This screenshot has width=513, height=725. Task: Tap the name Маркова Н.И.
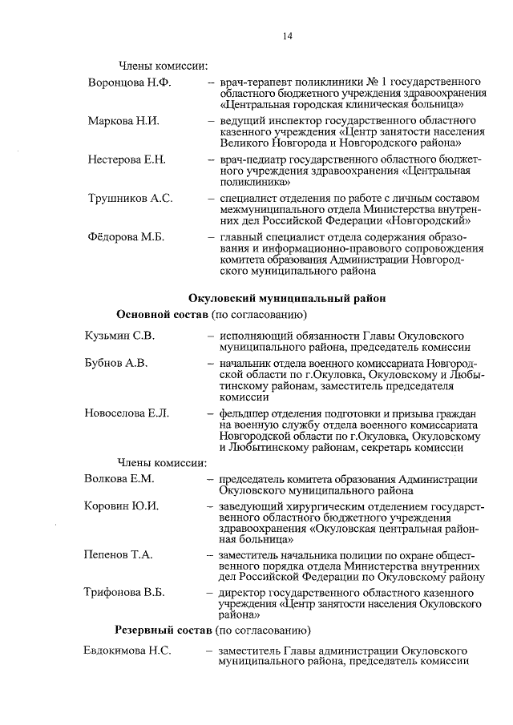pyautogui.click(x=123, y=121)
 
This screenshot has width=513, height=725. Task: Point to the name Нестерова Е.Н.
pyautogui.click(x=127, y=159)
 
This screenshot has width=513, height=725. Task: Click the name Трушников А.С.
pyautogui.click(x=130, y=198)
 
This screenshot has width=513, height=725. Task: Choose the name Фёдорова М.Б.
pyautogui.click(x=126, y=236)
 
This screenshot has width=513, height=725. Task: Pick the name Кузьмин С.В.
pyautogui.click(x=119, y=336)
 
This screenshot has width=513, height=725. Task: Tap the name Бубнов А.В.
pyautogui.click(x=115, y=363)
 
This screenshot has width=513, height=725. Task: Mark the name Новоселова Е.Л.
pyautogui.click(x=126, y=413)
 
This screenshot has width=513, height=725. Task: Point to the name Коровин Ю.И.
pyautogui.click(x=121, y=506)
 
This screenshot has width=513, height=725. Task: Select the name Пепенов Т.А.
pyautogui.click(x=118, y=554)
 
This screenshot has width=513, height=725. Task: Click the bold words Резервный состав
pyautogui.click(x=163, y=630)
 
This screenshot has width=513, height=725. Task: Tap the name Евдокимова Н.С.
pyautogui.click(x=127, y=650)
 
